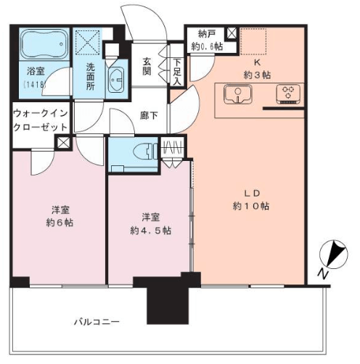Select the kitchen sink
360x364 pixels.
point(238,94)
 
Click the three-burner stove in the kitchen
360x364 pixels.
point(288,94)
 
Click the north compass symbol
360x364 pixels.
point(334,255)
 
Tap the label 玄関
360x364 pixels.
point(147,67)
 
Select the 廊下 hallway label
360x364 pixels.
point(149,116)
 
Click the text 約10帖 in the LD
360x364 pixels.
point(251,206)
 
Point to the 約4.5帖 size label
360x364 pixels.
point(151,231)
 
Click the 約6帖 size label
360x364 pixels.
point(60,223)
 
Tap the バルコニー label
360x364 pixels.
point(97,322)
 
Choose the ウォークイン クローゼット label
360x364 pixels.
point(41,120)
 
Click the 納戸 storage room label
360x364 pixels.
point(207,34)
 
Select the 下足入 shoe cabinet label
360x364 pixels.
point(177,72)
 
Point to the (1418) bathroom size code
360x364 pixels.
point(35,85)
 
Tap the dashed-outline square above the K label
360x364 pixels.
point(253,41)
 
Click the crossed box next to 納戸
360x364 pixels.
point(232,33)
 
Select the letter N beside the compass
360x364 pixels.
point(323,274)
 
